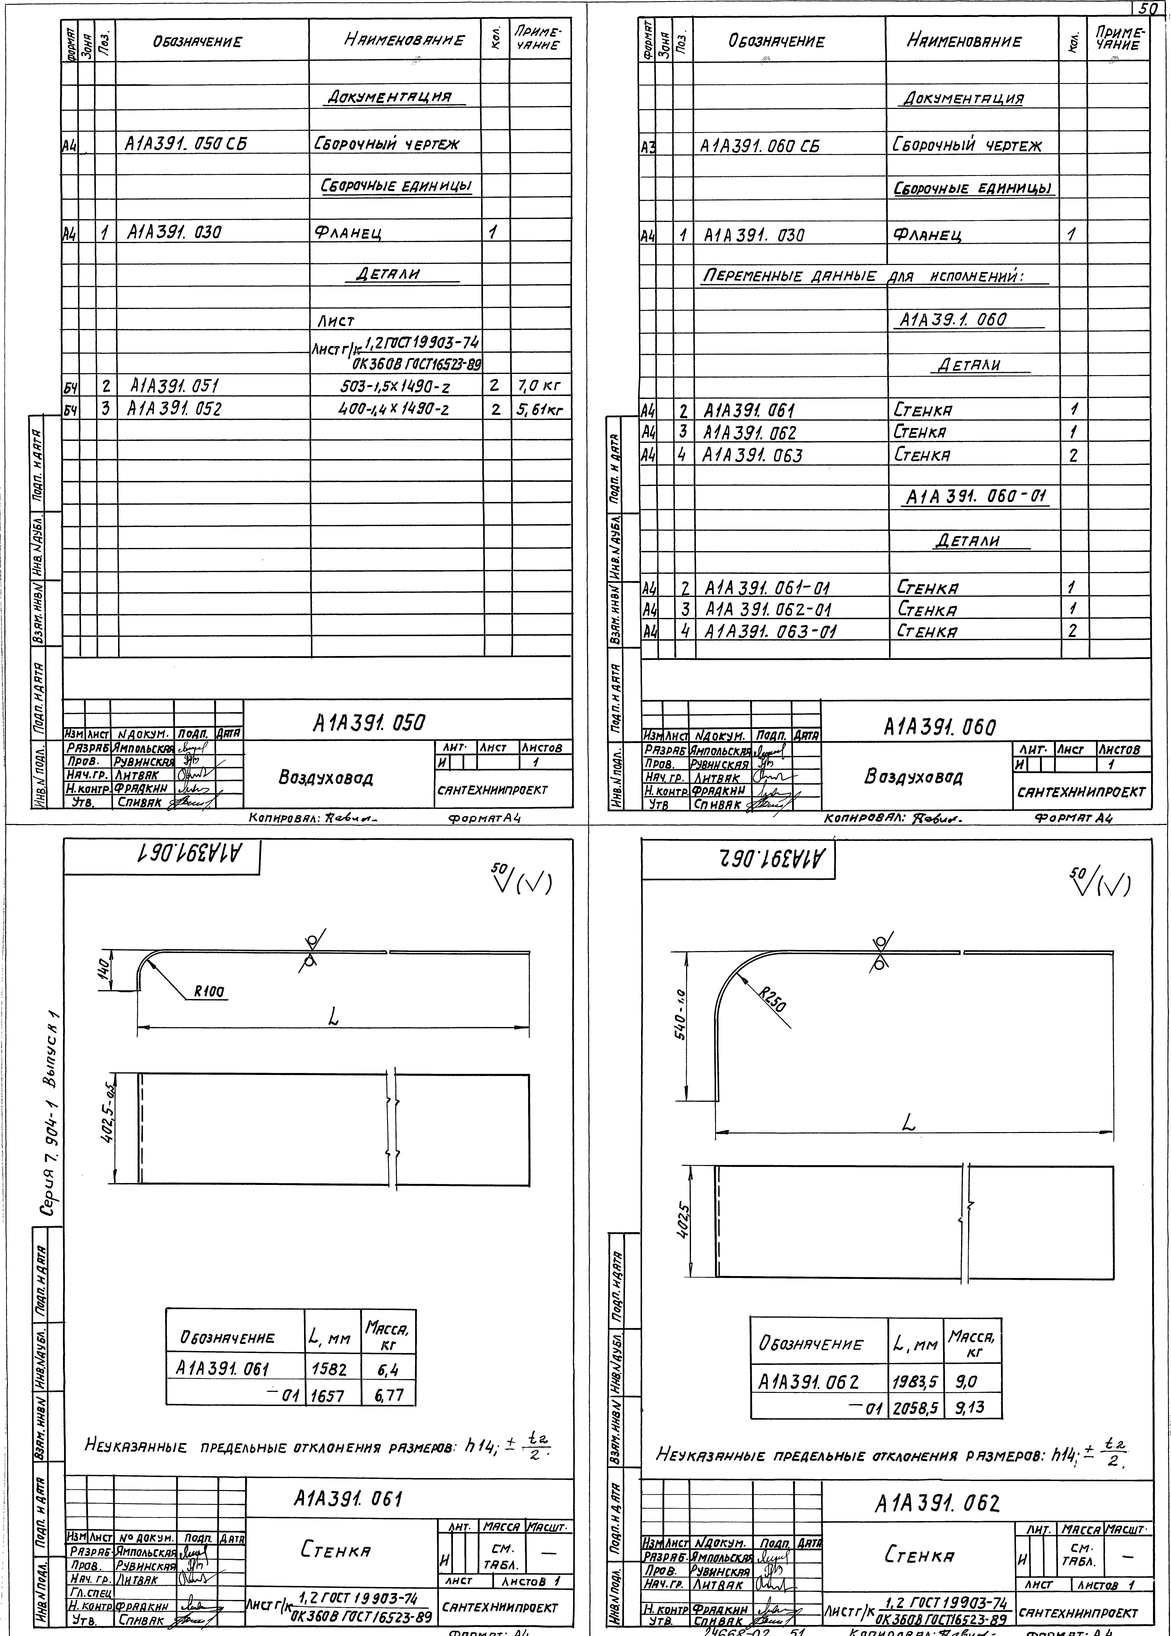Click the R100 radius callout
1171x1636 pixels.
209,992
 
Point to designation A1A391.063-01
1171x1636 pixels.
770,631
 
